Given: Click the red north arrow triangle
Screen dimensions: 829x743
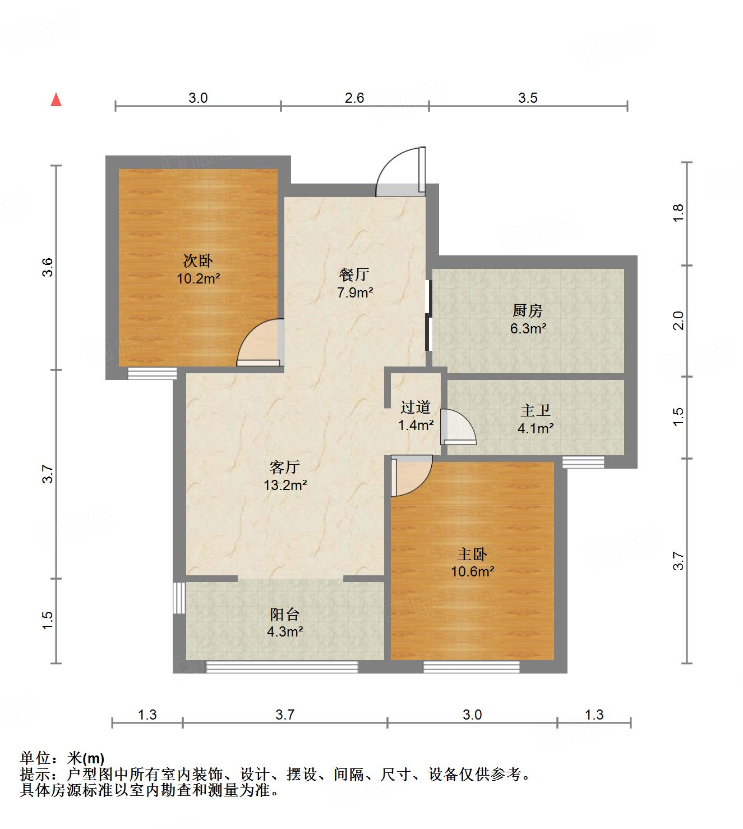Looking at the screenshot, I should click(56, 100).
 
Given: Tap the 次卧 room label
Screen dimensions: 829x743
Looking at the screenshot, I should click(198, 261).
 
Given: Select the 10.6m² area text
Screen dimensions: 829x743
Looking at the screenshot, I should click(473, 572).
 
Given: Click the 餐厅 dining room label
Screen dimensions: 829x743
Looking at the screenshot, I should click(354, 274).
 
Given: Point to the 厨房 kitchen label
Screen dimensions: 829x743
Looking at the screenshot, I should click(528, 310).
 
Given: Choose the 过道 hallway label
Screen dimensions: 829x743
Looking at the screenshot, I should click(416, 407).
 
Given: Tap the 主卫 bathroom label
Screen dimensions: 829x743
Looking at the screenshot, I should click(536, 411).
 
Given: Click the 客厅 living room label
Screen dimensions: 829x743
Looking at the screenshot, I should click(285, 467).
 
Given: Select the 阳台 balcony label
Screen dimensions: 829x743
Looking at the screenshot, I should click(285, 613).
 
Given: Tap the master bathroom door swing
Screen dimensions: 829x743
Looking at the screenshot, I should click(458, 427).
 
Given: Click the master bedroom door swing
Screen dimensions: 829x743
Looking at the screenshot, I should click(411, 475).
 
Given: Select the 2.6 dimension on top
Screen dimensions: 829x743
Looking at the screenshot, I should click(354, 98).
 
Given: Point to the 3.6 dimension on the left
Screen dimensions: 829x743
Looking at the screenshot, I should click(48, 267).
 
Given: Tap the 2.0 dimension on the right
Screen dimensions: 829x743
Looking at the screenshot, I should click(679, 320).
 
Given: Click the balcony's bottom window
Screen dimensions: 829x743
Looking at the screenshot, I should click(282, 667).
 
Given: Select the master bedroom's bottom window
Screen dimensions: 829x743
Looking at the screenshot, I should click(471, 667).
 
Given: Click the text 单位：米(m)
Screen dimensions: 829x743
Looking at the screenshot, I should click(62, 759).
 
